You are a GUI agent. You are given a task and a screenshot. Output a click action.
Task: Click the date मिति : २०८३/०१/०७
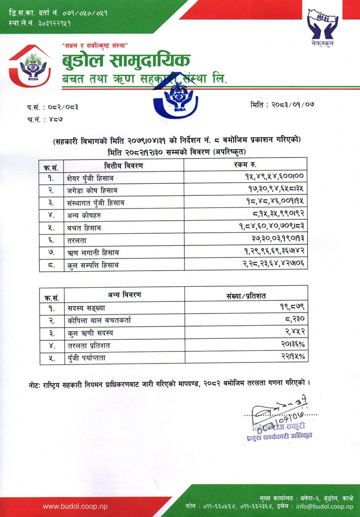[282, 105]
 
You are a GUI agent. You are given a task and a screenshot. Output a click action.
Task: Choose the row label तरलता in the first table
[77, 240]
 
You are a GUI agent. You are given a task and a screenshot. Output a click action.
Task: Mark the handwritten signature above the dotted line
[275, 409]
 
